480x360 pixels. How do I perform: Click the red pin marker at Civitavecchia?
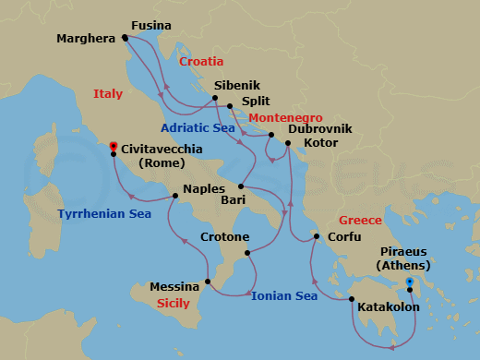point(113,146)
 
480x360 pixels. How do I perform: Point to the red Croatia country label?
point(201,62)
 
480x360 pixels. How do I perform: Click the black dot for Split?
point(230,107)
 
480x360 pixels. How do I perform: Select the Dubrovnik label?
point(319,130)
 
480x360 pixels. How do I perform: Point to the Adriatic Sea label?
point(198,127)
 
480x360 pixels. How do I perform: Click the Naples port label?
point(205,189)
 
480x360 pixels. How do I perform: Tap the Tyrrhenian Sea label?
point(103,214)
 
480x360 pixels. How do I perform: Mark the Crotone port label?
point(222,236)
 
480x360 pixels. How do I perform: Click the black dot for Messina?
point(210,282)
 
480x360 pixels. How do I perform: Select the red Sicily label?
point(173,303)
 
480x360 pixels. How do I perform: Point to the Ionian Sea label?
point(284,295)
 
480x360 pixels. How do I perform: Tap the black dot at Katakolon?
point(352,298)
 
